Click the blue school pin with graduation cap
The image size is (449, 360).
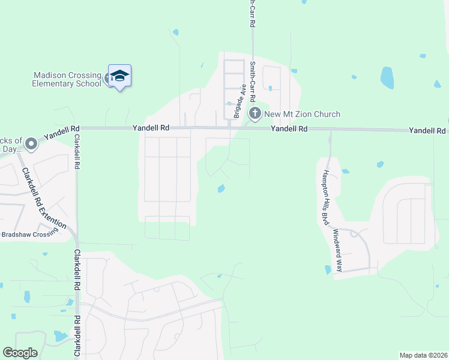tap(119, 76)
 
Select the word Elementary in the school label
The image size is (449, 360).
tap(53, 84)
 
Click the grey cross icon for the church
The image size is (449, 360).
tap(255, 113)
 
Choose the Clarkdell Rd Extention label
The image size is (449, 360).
tap(43, 197)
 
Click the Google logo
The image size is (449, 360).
tap(20, 353)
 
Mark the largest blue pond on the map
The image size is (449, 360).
tap(387, 77)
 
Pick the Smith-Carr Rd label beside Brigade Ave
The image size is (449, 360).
tap(253, 82)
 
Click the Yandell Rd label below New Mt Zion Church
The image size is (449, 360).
tap(289, 129)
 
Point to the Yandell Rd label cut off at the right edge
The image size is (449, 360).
tap(428, 130)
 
